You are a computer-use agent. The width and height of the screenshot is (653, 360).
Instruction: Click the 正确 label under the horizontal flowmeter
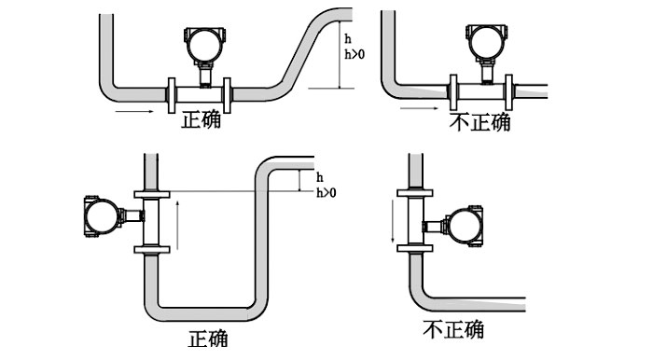point(201,119)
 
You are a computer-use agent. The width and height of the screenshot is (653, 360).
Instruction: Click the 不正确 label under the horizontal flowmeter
point(480,122)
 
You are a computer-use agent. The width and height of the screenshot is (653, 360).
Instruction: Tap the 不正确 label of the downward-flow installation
point(453,330)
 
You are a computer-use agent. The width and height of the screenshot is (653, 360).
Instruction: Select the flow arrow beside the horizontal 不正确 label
point(418,109)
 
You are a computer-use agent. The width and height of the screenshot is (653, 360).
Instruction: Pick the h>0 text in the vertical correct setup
point(326,193)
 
